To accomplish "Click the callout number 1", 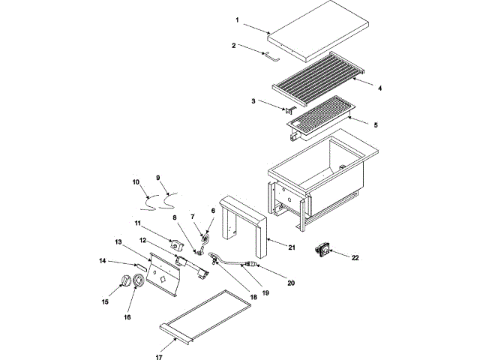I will tap(236, 19).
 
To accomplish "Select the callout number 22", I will tap(355, 257).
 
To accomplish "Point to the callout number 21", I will tap(292, 247).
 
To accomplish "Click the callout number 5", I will tap(376, 124).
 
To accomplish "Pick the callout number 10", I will tap(136, 181).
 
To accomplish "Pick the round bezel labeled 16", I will tap(139, 281).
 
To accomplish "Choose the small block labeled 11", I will tap(178, 244).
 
